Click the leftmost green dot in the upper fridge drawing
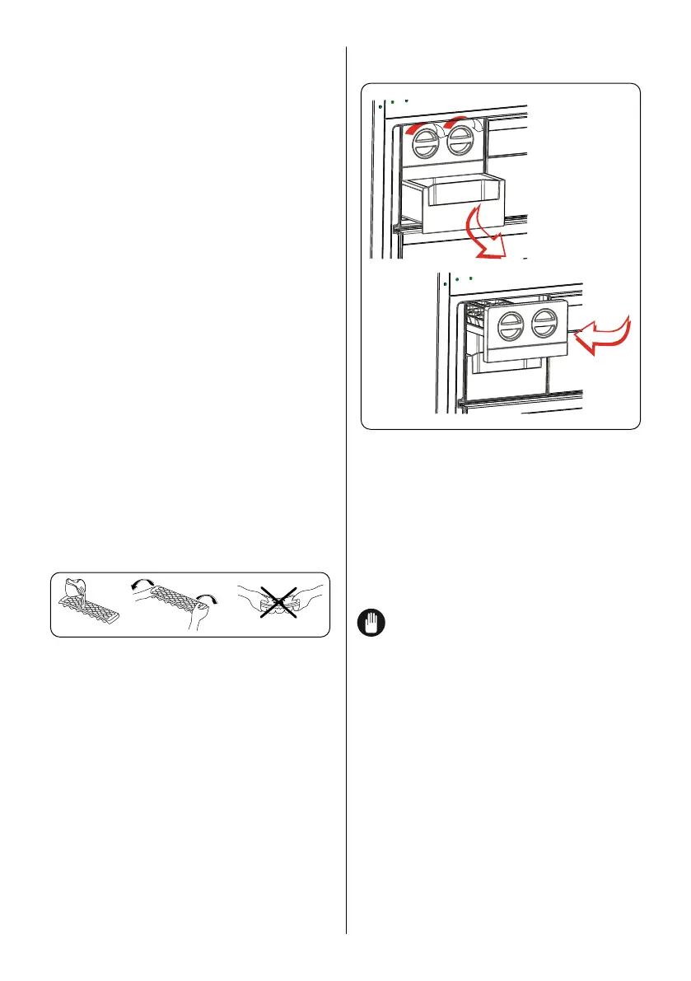380,106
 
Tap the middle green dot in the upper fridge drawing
394,100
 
